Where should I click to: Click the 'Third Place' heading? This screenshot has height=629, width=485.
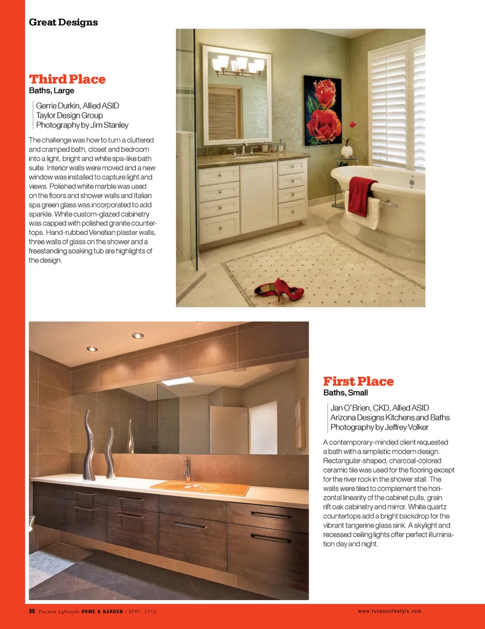tap(67, 79)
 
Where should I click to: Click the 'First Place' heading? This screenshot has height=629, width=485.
tap(358, 381)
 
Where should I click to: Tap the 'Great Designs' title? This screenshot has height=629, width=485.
tap(63, 22)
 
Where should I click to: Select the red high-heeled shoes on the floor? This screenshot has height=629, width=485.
tap(279, 289)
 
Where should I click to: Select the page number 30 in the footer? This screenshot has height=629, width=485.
tap(32, 611)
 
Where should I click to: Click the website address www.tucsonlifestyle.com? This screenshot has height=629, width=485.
tap(389, 611)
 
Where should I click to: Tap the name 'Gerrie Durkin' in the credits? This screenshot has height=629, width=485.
tap(58, 106)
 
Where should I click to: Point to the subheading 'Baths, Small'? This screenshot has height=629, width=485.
tap(346, 393)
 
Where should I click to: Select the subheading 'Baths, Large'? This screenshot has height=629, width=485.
tap(52, 90)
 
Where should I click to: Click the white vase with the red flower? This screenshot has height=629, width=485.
tap(347, 150)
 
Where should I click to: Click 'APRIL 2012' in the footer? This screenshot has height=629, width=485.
tap(142, 611)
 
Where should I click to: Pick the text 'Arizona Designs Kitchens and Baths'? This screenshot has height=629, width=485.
tap(390, 417)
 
